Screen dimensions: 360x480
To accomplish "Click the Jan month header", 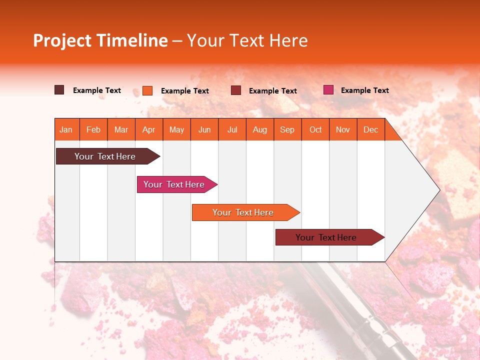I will [x=66, y=129].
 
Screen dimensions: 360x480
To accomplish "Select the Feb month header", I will [x=93, y=129].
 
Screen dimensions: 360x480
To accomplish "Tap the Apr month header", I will [x=148, y=129].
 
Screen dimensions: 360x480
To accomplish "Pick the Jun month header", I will [x=204, y=129].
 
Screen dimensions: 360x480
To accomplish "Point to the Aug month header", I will [x=259, y=129].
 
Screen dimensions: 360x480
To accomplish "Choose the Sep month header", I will [x=287, y=129].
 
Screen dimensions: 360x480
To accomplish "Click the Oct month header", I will [x=315, y=129].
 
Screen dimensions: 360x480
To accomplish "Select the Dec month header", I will [x=370, y=129].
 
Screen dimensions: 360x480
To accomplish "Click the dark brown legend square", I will [x=59, y=90].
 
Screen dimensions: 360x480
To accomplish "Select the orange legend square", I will [x=147, y=90].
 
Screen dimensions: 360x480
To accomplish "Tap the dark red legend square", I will [x=236, y=90].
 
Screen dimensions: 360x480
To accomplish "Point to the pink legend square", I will [x=328, y=90].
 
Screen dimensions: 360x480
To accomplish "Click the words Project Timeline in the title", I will [x=100, y=40].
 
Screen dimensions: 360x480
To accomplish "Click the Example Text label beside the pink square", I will [x=364, y=90].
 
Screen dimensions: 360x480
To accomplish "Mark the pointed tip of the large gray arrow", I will [x=439, y=190].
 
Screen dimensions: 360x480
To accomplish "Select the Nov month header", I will [x=343, y=129].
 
